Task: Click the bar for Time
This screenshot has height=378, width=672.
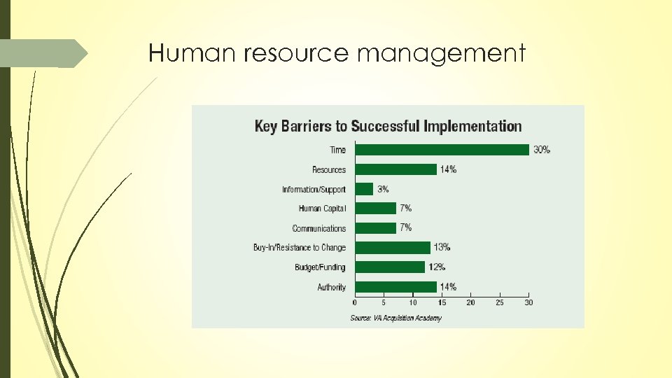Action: [x=442, y=150]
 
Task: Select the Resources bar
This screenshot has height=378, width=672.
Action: [x=395, y=169]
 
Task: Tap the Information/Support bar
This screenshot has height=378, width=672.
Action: [x=364, y=189]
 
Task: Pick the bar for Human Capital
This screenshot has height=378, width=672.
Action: [x=375, y=209]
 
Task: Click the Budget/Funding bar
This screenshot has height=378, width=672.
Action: [x=390, y=267]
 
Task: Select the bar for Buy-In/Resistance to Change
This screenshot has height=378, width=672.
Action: [x=393, y=247]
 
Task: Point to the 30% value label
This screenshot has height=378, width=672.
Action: [x=542, y=150]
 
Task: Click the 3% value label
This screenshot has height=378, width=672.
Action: [x=383, y=189]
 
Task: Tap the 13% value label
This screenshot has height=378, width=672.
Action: [x=442, y=247]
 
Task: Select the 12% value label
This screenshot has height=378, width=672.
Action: [x=436, y=267]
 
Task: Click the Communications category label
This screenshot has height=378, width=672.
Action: [x=319, y=228]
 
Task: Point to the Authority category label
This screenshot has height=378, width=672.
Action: [x=332, y=287]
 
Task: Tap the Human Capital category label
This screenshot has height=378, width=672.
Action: [x=322, y=209]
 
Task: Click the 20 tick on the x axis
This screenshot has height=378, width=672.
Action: [x=470, y=302]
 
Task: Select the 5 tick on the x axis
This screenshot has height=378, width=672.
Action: [x=384, y=302]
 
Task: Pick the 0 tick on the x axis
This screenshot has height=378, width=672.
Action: [x=355, y=302]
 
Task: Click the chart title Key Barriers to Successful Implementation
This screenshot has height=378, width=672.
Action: [x=388, y=127]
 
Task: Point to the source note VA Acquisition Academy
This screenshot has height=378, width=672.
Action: [x=395, y=318]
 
